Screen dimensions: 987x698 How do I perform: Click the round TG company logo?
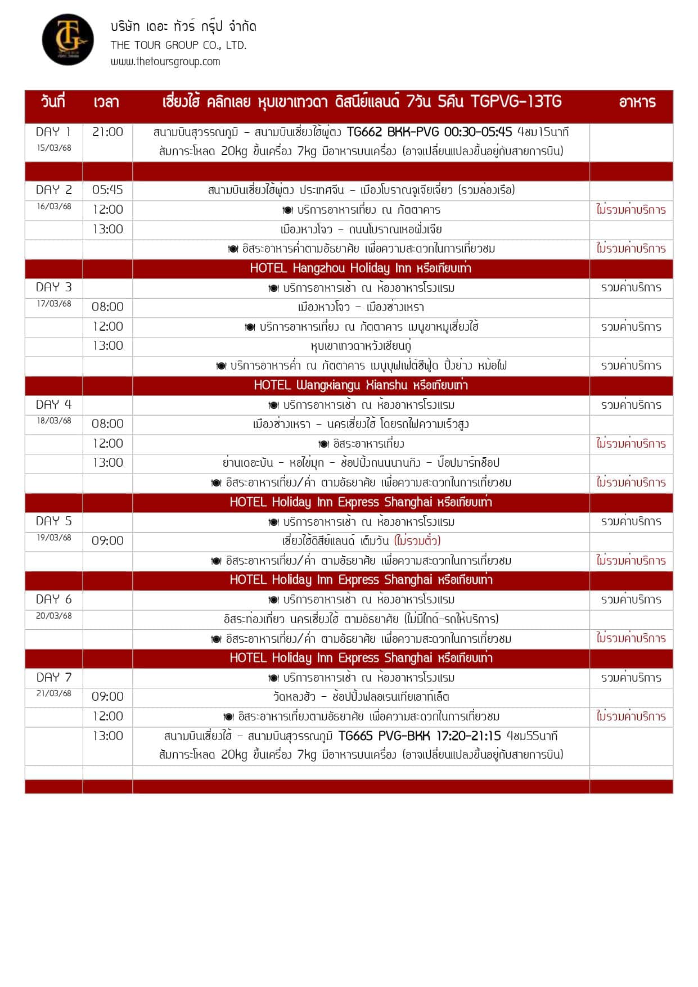click(x=67, y=39)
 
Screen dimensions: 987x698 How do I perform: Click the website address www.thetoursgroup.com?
click(x=165, y=61)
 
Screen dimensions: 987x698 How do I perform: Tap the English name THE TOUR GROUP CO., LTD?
click(x=178, y=45)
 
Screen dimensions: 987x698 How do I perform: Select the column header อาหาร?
click(x=637, y=102)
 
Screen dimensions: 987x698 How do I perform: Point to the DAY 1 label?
click(x=53, y=132)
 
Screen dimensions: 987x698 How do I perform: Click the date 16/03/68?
click(x=54, y=206)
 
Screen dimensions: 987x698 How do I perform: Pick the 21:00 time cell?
click(x=107, y=132)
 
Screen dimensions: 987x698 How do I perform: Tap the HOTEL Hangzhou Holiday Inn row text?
click(x=361, y=268)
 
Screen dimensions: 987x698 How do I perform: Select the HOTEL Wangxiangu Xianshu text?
click(x=361, y=385)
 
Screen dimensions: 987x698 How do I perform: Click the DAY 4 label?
click(x=53, y=404)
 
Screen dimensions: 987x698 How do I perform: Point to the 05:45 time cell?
click(x=107, y=190)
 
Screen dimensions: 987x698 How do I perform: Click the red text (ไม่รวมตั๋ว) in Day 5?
click(x=417, y=541)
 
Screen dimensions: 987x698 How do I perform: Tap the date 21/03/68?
click(x=54, y=693)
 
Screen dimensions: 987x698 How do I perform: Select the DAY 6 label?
click(x=53, y=600)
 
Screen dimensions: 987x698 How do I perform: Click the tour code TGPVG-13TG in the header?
click(x=516, y=101)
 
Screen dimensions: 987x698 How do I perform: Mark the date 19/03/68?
click(x=54, y=538)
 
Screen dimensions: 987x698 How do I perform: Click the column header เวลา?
click(x=106, y=102)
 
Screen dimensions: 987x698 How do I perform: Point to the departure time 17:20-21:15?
click(x=468, y=736)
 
